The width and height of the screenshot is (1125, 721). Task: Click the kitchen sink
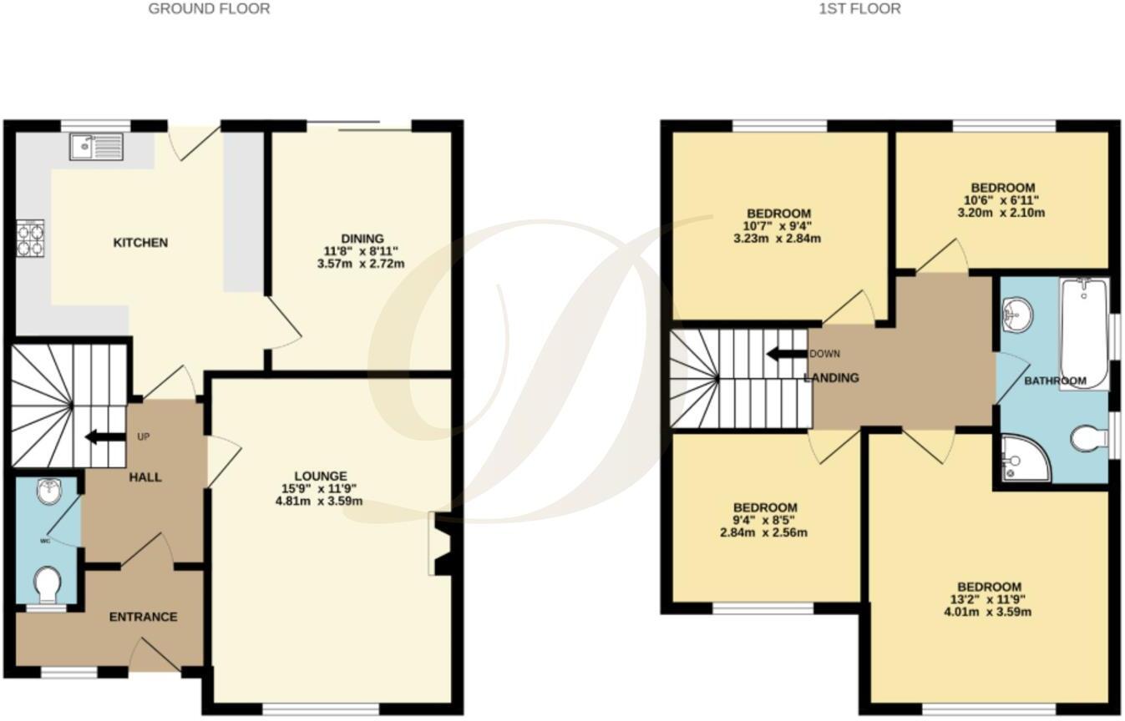[x=97, y=146]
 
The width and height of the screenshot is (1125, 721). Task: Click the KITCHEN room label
[x=140, y=243]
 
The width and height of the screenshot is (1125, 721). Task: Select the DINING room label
[x=362, y=239]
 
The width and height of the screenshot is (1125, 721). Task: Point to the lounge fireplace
[x=440, y=544]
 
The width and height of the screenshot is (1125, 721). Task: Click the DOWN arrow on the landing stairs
[x=786, y=353]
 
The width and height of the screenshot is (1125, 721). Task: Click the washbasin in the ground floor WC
[x=48, y=492]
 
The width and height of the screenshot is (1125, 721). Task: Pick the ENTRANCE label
[x=144, y=617]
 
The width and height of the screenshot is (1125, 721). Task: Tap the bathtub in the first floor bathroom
[x=1083, y=332]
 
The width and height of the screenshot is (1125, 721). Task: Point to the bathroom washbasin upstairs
[x=1017, y=315]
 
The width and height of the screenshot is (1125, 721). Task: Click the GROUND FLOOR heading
[x=209, y=9]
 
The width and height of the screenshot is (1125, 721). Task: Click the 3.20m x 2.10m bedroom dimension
[x=1002, y=213]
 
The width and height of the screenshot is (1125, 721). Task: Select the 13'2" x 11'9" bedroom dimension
[x=989, y=599]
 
